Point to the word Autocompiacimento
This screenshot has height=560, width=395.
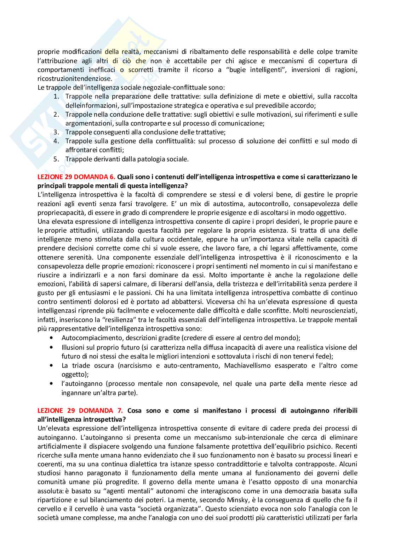tap(89, 338)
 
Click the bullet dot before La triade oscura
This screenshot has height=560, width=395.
tap(52, 365)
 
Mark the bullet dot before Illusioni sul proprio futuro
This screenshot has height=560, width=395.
tap(52, 347)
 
